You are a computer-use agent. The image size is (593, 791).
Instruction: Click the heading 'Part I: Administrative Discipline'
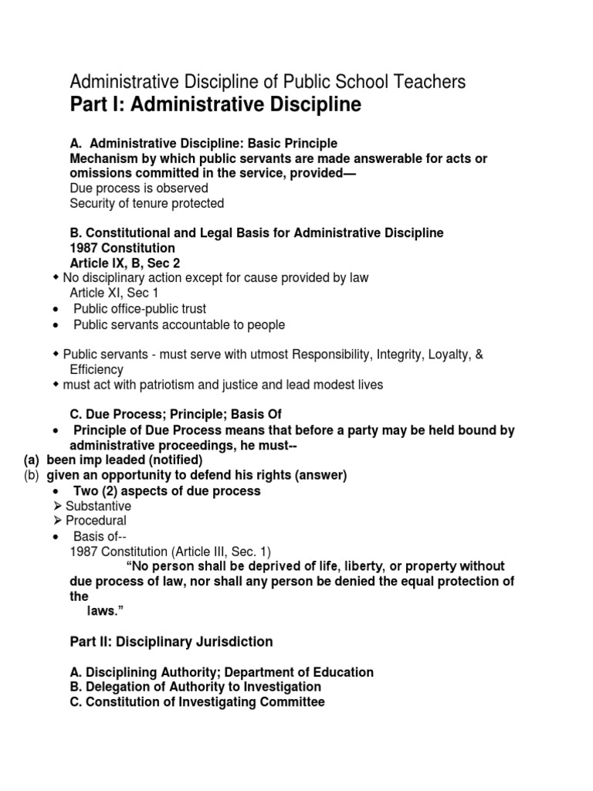click(215, 105)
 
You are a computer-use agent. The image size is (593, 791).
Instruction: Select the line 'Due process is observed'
click(139, 188)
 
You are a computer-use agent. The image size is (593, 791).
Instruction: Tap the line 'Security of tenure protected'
click(147, 203)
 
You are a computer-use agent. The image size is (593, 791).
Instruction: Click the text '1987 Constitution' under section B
click(122, 248)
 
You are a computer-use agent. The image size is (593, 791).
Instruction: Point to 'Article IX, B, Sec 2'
click(125, 263)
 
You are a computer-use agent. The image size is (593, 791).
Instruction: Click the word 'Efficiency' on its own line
click(97, 369)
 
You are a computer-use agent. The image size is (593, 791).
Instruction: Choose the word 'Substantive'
click(98, 506)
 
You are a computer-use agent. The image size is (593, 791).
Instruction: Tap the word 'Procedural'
click(96, 521)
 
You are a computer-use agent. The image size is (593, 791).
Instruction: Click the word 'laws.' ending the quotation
click(104, 611)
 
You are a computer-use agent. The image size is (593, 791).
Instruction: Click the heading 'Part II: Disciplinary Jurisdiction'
click(171, 642)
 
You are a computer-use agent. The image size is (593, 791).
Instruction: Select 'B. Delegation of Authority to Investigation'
click(195, 687)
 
